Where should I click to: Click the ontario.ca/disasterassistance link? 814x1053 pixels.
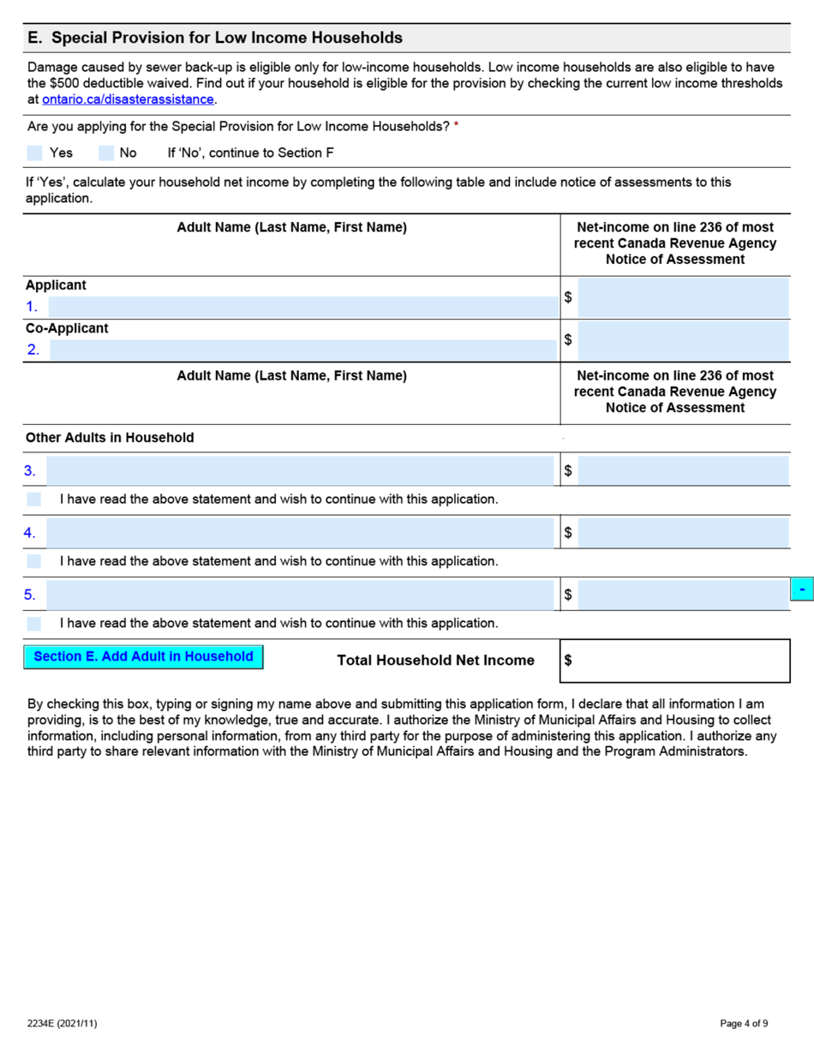tap(128, 99)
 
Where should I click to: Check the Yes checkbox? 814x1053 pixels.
tap(34, 153)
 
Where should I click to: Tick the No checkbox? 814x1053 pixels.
tap(106, 153)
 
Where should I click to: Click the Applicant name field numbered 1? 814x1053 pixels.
tap(302, 307)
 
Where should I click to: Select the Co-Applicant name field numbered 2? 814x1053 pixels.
tap(302, 350)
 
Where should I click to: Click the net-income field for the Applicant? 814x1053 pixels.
tap(683, 297)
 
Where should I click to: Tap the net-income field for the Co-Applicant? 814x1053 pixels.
tap(683, 340)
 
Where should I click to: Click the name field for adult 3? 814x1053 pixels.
tap(300, 470)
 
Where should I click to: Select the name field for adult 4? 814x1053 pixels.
tap(300, 533)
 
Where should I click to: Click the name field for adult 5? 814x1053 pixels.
tap(300, 595)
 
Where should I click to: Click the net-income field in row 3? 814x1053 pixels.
tap(683, 470)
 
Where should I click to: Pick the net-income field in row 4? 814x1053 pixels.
tap(683, 533)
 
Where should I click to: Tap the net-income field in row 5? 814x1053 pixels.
tap(683, 595)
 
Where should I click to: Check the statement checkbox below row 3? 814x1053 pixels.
tap(34, 499)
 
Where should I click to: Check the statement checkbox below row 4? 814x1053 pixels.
tap(34, 561)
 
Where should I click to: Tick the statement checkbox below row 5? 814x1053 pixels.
tap(34, 623)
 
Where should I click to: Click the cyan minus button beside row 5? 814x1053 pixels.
tap(801, 589)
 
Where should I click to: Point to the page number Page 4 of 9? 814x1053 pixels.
tap(744, 1023)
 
